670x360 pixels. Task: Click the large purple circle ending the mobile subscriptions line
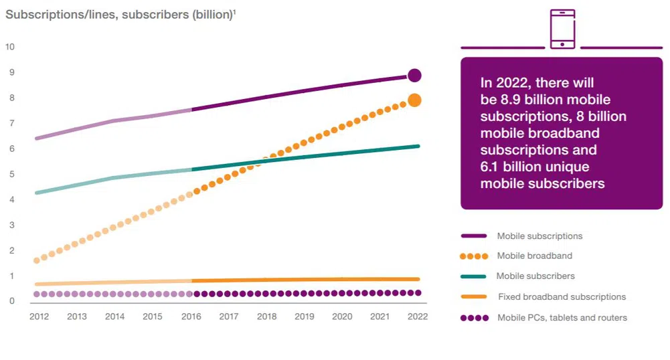(414, 75)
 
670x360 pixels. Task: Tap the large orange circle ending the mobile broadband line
(414, 100)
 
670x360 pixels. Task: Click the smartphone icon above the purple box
(562, 29)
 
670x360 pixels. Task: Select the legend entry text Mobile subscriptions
(539, 236)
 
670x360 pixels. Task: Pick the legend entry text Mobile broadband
(534, 256)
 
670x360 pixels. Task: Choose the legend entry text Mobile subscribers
(535, 276)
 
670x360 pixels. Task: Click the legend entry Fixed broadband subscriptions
(562, 297)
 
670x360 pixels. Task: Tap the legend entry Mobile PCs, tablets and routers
(562, 318)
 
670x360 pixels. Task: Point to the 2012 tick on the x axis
(39, 316)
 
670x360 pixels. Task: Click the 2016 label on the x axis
(191, 316)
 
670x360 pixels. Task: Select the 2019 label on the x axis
(305, 316)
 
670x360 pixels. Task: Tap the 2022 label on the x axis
(418, 316)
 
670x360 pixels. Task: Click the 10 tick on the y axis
(9, 47)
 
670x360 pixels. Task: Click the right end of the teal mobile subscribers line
(418, 146)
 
